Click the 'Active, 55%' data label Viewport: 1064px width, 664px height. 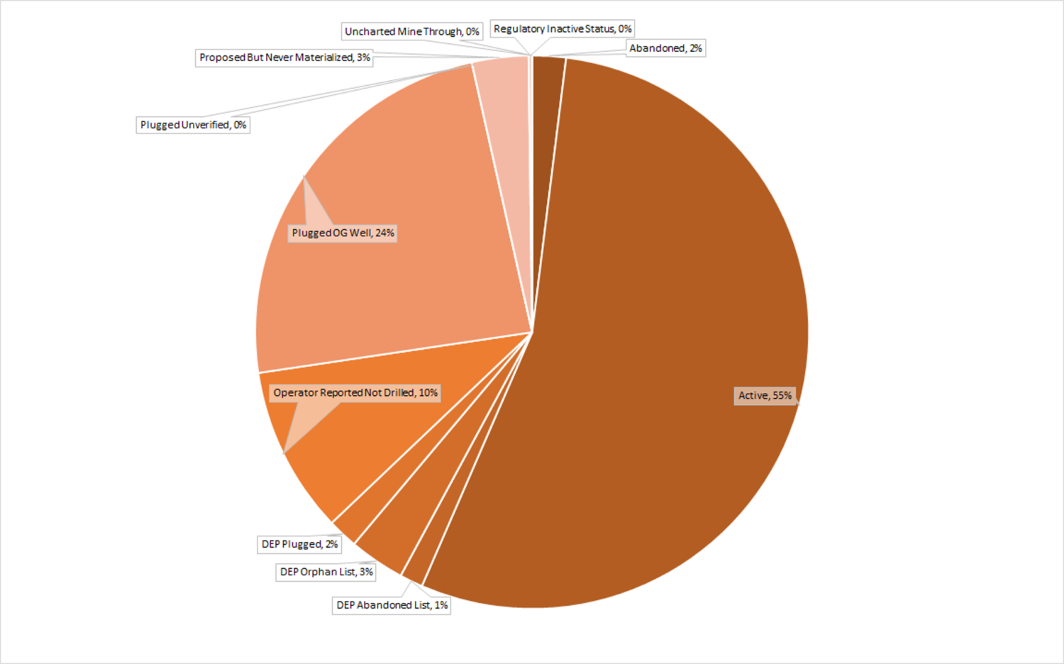click(765, 396)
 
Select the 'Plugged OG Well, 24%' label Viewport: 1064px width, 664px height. click(343, 233)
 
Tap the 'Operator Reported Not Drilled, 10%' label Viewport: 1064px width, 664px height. click(355, 393)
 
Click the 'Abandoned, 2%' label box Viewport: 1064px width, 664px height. click(665, 48)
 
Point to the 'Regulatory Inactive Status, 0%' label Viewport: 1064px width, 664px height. click(563, 29)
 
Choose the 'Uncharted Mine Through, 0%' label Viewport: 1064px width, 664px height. click(411, 32)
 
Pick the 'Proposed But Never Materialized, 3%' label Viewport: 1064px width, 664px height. click(284, 57)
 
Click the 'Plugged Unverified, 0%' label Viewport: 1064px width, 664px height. click(193, 125)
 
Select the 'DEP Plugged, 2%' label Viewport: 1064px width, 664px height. click(299, 544)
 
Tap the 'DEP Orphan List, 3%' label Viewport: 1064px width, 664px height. click(326, 572)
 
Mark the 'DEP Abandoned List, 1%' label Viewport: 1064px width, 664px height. click(392, 605)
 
